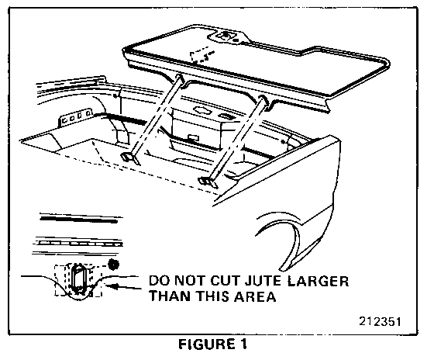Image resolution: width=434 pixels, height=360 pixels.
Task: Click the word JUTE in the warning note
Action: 263,281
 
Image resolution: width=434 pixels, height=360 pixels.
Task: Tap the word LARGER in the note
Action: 318,281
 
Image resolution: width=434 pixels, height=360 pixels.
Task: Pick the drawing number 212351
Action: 380,321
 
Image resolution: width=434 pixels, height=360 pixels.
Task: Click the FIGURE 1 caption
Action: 212,344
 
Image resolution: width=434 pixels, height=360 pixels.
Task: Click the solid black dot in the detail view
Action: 113,265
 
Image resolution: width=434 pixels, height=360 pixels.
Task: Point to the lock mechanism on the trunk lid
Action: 226,36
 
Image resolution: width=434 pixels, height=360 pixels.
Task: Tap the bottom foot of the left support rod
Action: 130,158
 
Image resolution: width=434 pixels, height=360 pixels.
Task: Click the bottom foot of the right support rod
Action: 208,182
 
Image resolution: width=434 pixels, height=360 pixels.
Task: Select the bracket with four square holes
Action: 74,117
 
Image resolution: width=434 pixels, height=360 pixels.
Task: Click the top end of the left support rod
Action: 179,78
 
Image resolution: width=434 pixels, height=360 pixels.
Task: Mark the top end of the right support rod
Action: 263,99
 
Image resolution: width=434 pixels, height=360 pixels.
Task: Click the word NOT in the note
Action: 191,281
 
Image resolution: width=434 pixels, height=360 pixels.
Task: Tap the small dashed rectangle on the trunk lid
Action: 200,54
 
